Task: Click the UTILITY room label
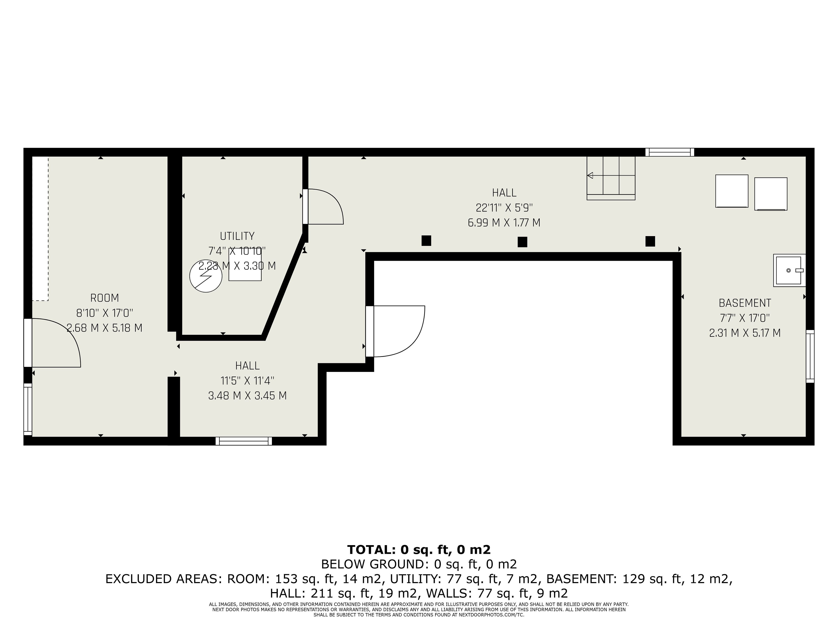point(237,236)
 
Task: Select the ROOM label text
point(105,298)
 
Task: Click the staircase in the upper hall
point(611,178)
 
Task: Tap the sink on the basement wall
point(789,270)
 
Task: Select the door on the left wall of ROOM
point(52,343)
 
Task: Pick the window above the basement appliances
point(670,152)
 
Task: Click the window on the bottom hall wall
point(244,441)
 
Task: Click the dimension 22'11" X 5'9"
point(504,208)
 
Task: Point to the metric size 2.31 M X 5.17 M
point(745,333)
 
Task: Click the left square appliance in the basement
point(732,191)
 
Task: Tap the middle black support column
point(522,242)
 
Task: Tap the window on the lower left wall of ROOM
point(28,409)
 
